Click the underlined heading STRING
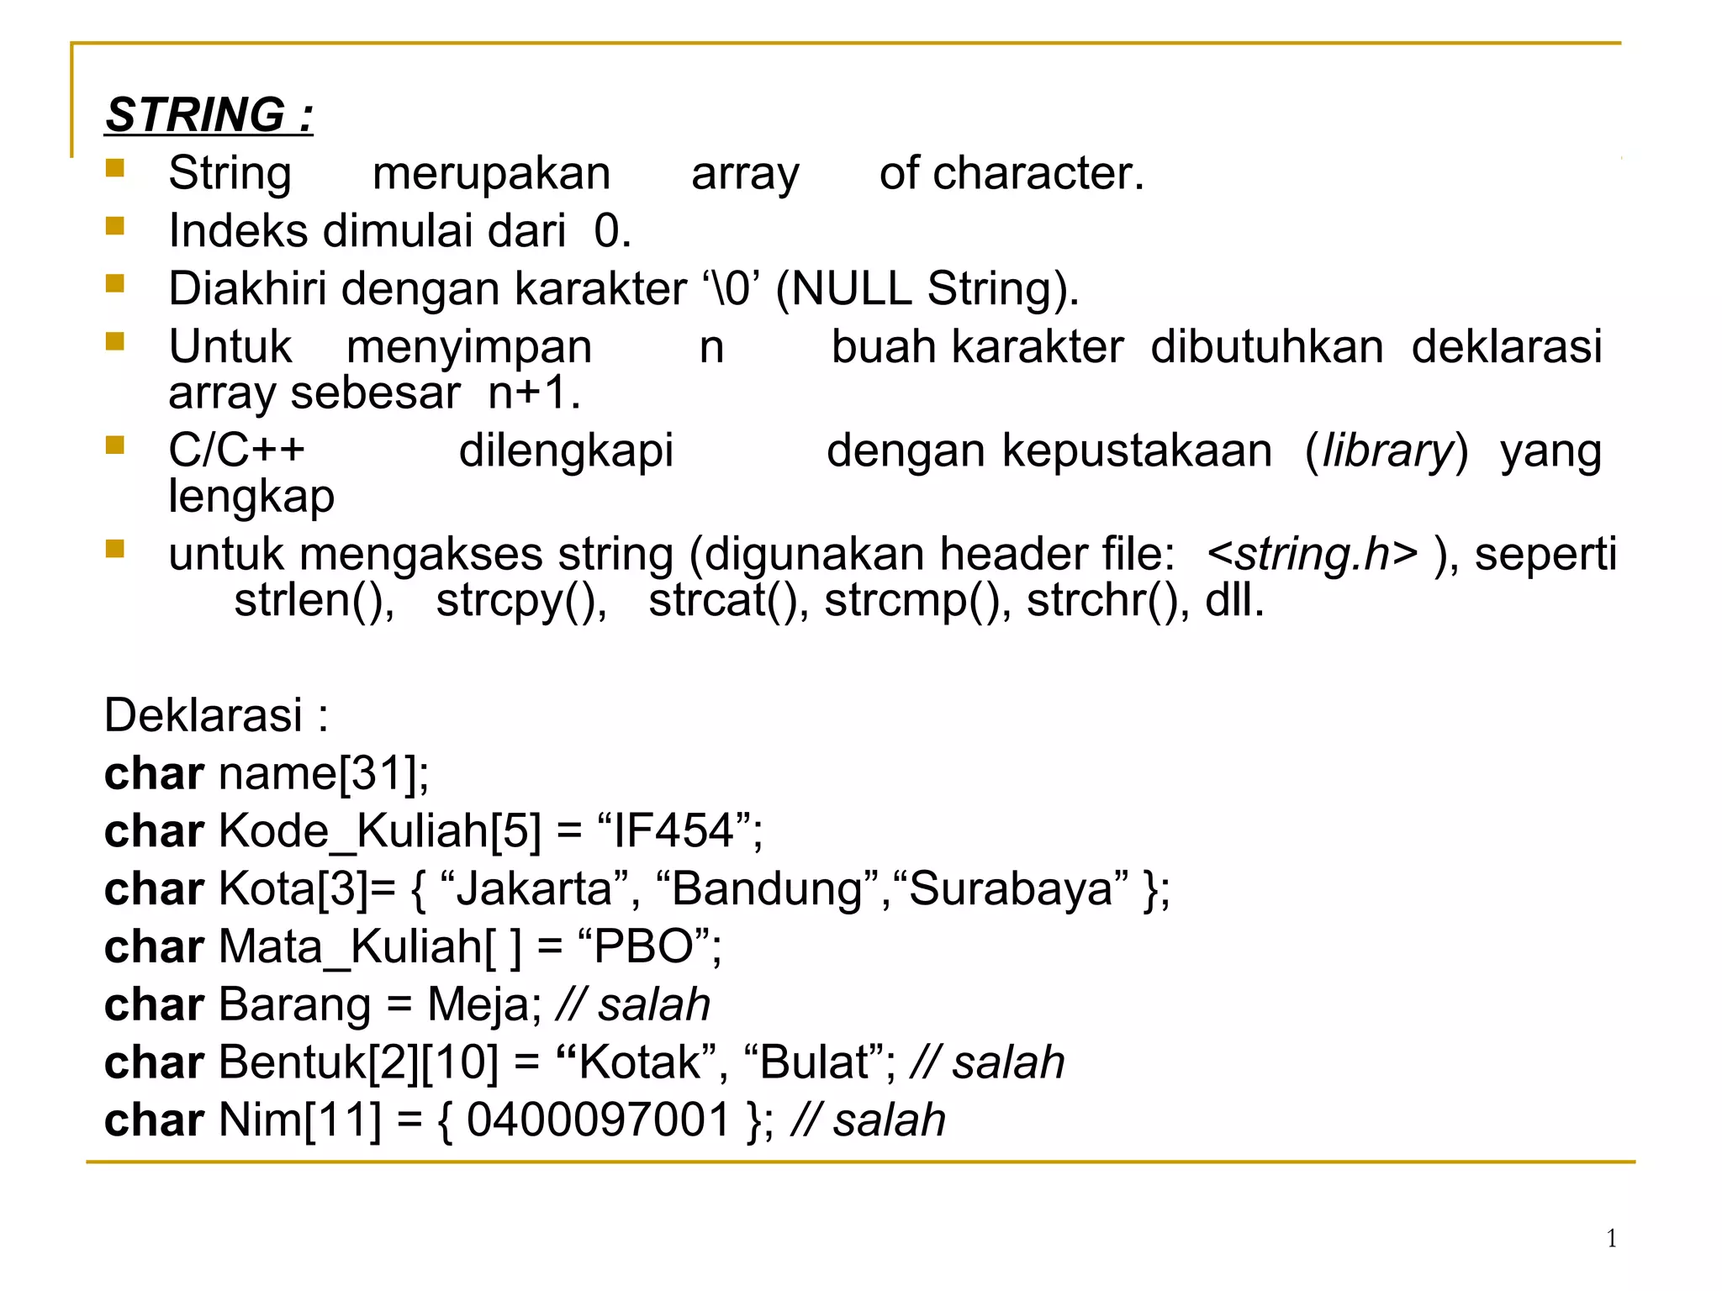[x=209, y=114]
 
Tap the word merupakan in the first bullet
[x=491, y=174]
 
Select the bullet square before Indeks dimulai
[x=115, y=226]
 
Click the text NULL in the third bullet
[x=851, y=288]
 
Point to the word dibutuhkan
[x=1266, y=346]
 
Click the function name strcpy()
[x=521, y=600]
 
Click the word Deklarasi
[x=203, y=715]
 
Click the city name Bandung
[x=767, y=888]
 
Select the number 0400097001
[x=598, y=1120]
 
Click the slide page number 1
[x=1611, y=1238]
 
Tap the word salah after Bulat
[x=1007, y=1062]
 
